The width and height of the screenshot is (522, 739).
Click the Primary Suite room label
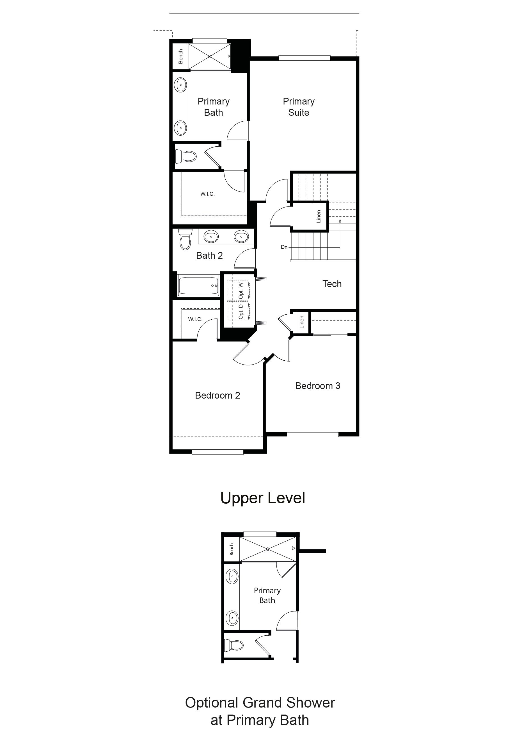click(299, 107)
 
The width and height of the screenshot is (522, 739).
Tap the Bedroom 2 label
click(217, 395)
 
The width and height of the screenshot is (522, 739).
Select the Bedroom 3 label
click(318, 386)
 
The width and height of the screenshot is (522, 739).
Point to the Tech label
click(332, 284)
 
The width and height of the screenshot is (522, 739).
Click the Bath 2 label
click(209, 256)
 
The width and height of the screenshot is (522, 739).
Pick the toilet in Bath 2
click(185, 239)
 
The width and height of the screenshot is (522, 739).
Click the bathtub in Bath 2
click(198, 285)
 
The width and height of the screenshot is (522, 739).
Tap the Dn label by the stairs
click(284, 247)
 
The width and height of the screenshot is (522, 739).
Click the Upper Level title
click(263, 498)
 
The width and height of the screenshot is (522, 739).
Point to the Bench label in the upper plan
click(181, 56)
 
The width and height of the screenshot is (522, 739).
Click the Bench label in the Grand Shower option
click(232, 549)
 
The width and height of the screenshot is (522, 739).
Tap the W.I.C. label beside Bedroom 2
click(195, 319)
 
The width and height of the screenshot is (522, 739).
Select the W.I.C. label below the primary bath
click(207, 194)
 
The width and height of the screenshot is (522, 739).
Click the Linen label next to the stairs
click(319, 217)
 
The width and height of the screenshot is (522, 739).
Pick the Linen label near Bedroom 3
click(302, 322)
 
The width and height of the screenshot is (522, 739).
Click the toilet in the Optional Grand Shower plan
click(234, 645)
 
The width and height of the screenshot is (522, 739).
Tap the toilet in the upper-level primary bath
click(186, 157)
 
